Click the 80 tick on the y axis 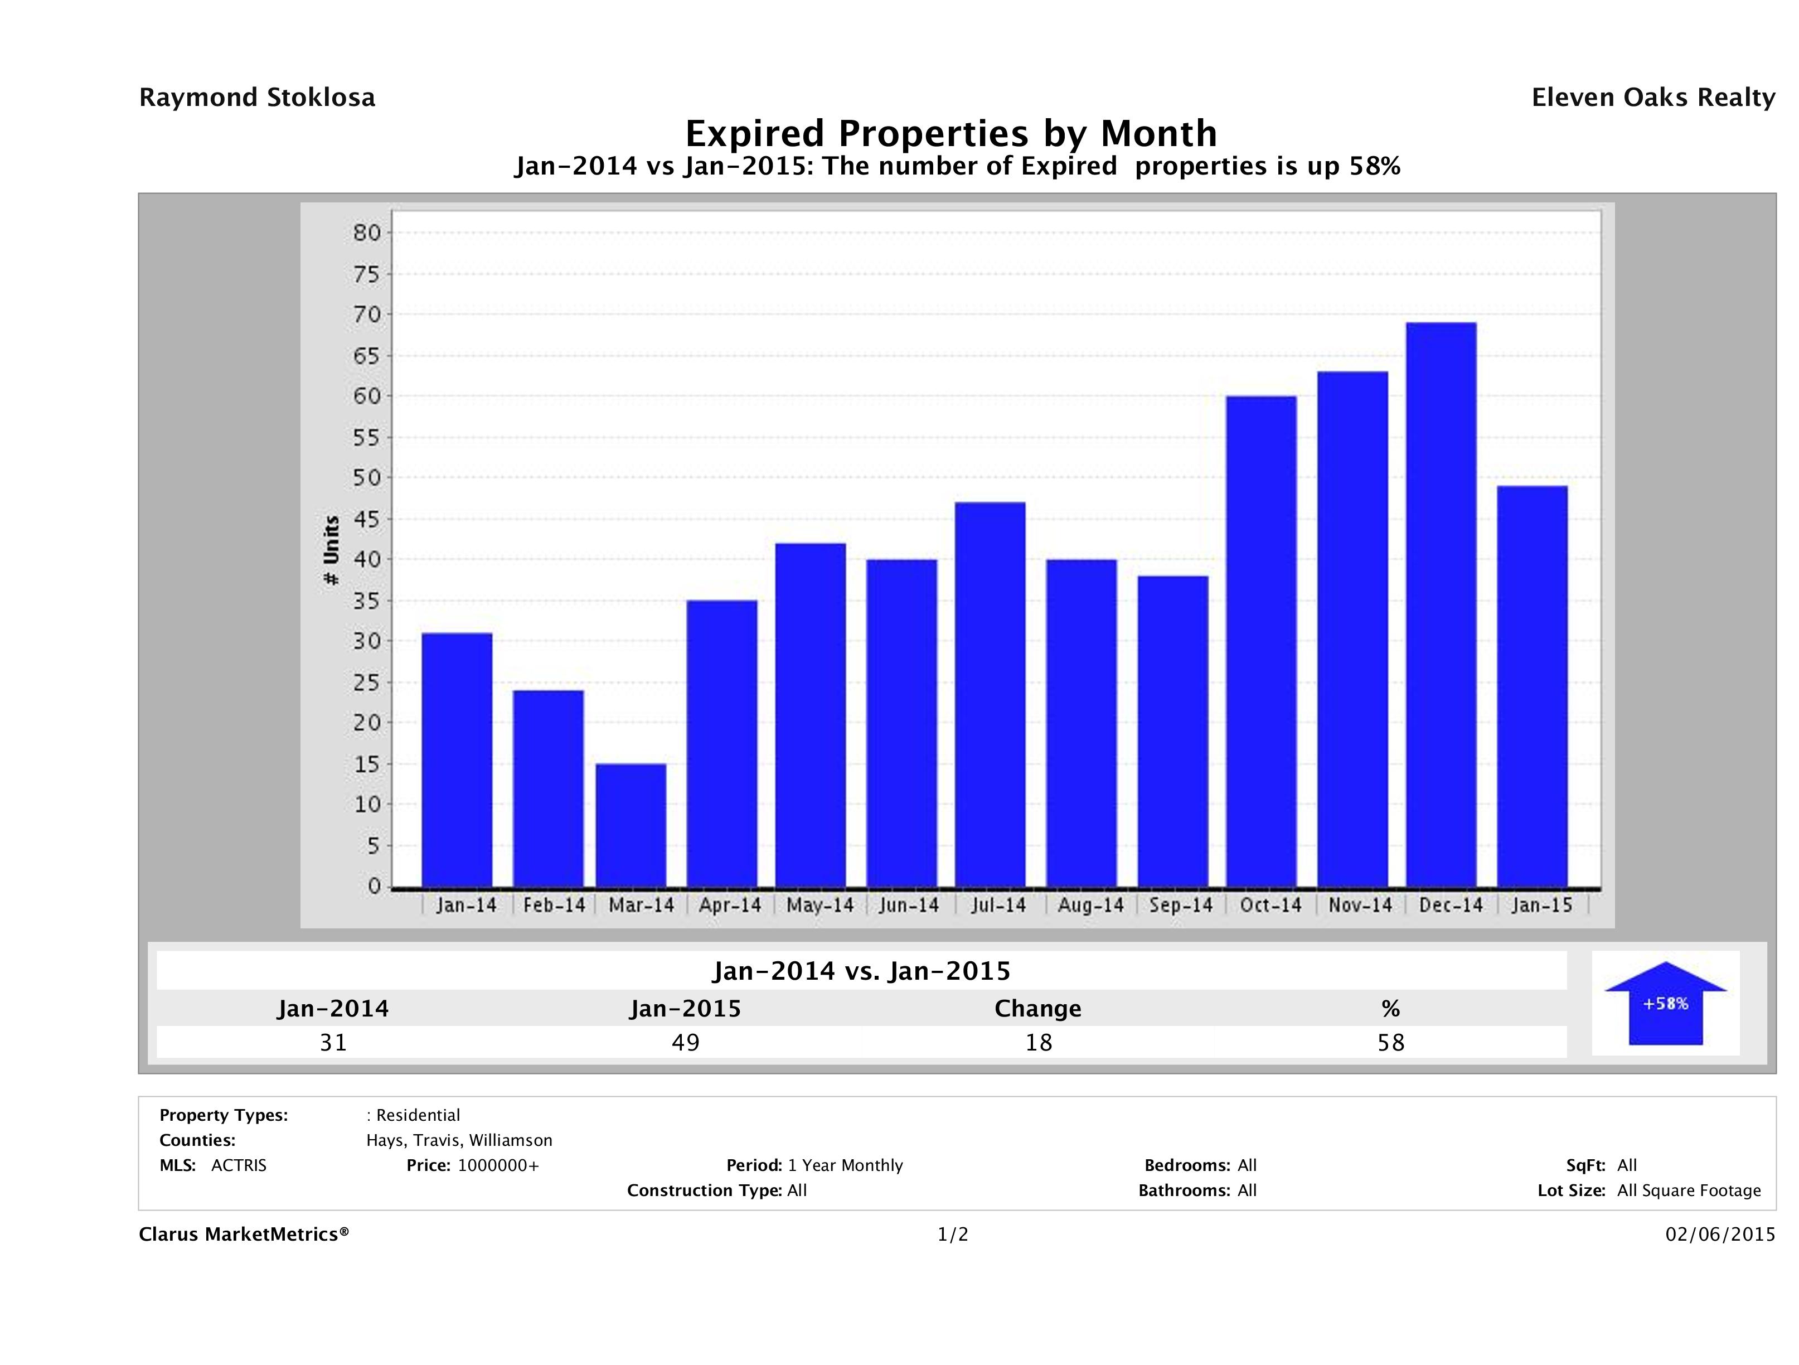point(367,234)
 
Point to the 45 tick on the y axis point(367,519)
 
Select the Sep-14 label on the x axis point(1180,906)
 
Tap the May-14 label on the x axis point(820,906)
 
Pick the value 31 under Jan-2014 point(333,1042)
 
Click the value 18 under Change point(1039,1042)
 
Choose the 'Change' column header point(1038,1009)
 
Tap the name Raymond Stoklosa point(257,98)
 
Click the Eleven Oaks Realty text point(1652,98)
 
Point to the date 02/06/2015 point(1720,1235)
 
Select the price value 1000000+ point(498,1166)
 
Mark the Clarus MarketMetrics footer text point(244,1235)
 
